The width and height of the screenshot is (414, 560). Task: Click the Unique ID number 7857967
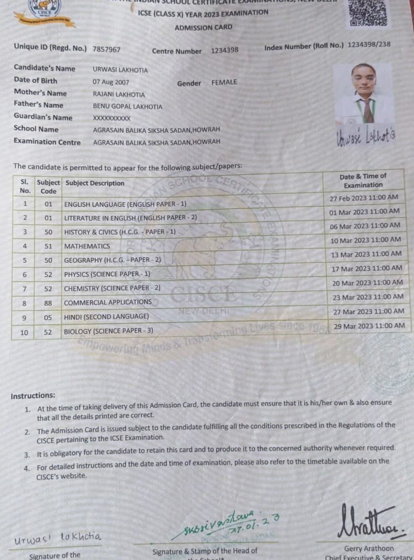tap(106, 49)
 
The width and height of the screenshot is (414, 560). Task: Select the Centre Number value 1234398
tap(225, 50)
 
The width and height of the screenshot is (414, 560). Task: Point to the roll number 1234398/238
tap(369, 45)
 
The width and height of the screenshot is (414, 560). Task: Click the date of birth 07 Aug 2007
tap(111, 82)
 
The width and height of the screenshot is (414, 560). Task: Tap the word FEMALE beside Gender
tap(224, 82)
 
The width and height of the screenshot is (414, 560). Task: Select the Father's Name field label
tap(39, 105)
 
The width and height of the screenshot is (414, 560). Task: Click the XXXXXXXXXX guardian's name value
tap(112, 118)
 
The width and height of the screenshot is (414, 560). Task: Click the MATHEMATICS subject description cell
tap(87, 246)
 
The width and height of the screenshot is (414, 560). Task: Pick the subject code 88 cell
tap(48, 302)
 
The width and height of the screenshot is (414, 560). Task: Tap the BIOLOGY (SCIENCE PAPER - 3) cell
tap(108, 331)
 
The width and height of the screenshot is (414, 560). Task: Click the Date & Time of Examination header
tap(363, 181)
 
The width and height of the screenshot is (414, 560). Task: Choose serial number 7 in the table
tap(24, 289)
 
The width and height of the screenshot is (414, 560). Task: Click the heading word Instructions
tap(33, 396)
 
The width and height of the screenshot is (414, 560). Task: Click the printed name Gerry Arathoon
tap(369, 548)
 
